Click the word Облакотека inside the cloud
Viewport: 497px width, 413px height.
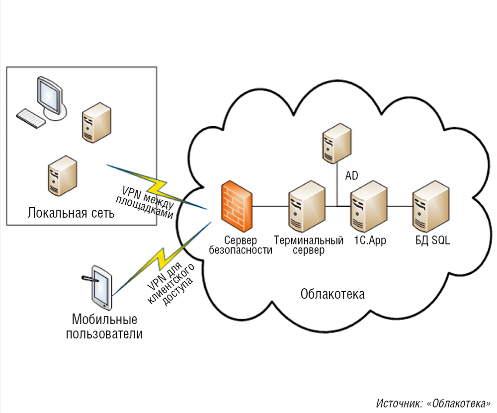tap(332, 294)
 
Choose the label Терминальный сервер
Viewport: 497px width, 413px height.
tap(309, 246)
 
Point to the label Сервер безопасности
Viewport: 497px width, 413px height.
tap(241, 246)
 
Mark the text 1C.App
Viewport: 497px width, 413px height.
tap(370, 241)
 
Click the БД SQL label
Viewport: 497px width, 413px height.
tap(432, 241)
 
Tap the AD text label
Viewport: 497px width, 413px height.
tap(351, 175)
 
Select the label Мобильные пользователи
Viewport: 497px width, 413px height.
tap(104, 326)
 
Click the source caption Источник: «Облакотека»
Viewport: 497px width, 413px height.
tap(433, 403)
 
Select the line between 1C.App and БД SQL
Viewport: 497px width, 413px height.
tap(401, 206)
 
